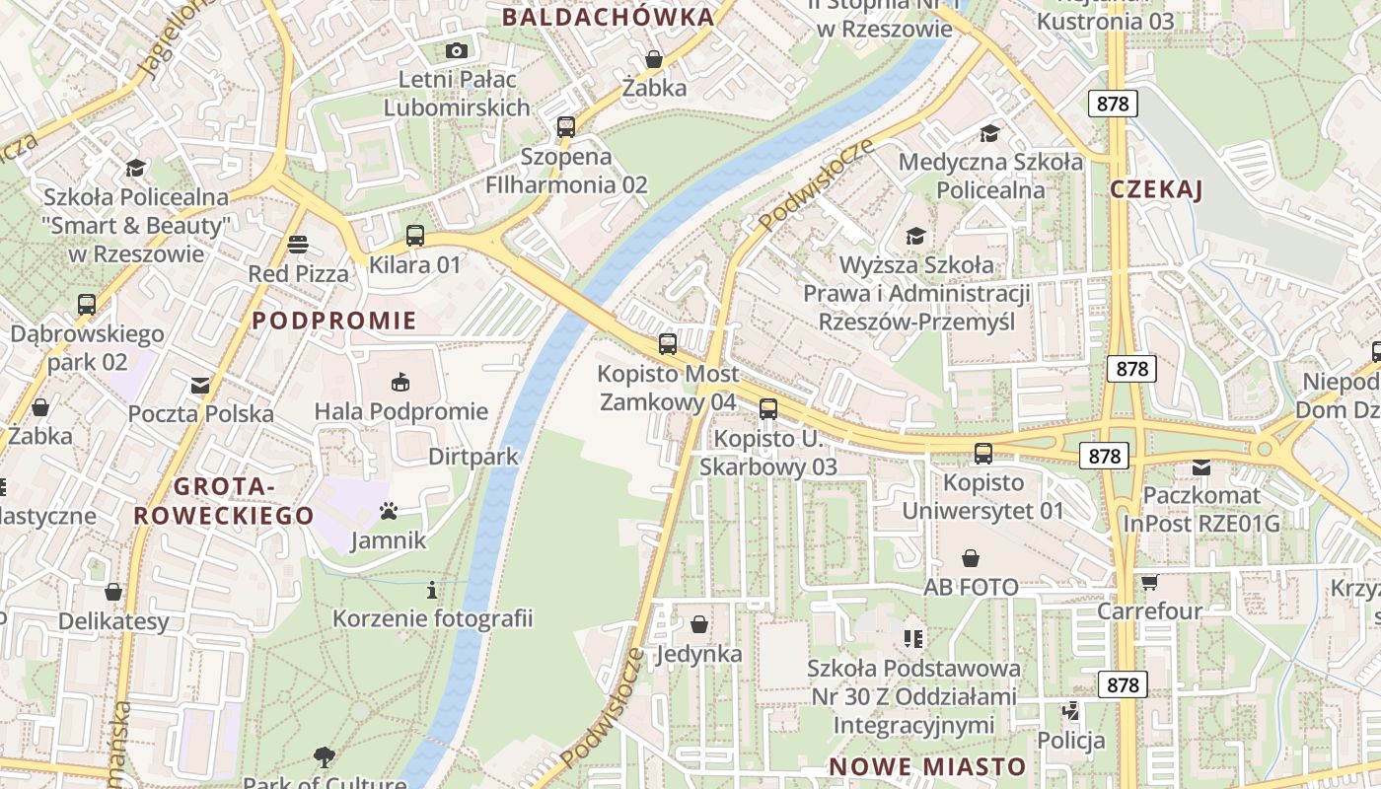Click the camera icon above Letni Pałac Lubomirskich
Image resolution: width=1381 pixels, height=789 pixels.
pyautogui.click(x=456, y=50)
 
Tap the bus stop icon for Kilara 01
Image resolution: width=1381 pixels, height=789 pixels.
pyautogui.click(x=415, y=236)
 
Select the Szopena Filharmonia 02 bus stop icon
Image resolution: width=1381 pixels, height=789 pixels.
pyautogui.click(x=565, y=126)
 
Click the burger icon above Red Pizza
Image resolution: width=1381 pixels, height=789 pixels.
pyautogui.click(x=298, y=244)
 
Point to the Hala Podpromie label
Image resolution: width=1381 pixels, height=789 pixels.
pyautogui.click(x=400, y=411)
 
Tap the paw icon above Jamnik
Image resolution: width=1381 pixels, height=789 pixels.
pyautogui.click(x=389, y=511)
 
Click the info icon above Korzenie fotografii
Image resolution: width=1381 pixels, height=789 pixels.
pyautogui.click(x=432, y=590)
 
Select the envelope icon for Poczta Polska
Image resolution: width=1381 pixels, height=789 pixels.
pyautogui.click(x=200, y=385)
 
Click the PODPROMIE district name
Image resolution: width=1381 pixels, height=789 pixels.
pyautogui.click(x=334, y=321)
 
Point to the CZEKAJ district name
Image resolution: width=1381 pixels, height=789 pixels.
pyautogui.click(x=1156, y=190)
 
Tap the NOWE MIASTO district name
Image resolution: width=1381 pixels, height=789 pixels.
pyautogui.click(x=927, y=766)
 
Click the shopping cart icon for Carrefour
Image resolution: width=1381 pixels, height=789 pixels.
pyautogui.click(x=1149, y=582)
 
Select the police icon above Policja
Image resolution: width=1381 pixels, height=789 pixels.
pyautogui.click(x=1070, y=710)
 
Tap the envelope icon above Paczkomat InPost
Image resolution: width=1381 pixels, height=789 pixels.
pyautogui.click(x=1201, y=466)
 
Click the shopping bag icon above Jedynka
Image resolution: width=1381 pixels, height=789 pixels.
pyautogui.click(x=699, y=624)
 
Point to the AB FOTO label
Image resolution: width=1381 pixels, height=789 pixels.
pyautogui.click(x=971, y=588)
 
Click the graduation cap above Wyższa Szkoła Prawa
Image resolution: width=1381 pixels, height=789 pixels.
pyautogui.click(x=916, y=236)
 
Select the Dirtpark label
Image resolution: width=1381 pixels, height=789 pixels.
pyautogui.click(x=473, y=457)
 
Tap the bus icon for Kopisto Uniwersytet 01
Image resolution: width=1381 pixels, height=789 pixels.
pyautogui.click(x=983, y=454)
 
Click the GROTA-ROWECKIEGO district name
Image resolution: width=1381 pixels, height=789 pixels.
pyautogui.click(x=224, y=501)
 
